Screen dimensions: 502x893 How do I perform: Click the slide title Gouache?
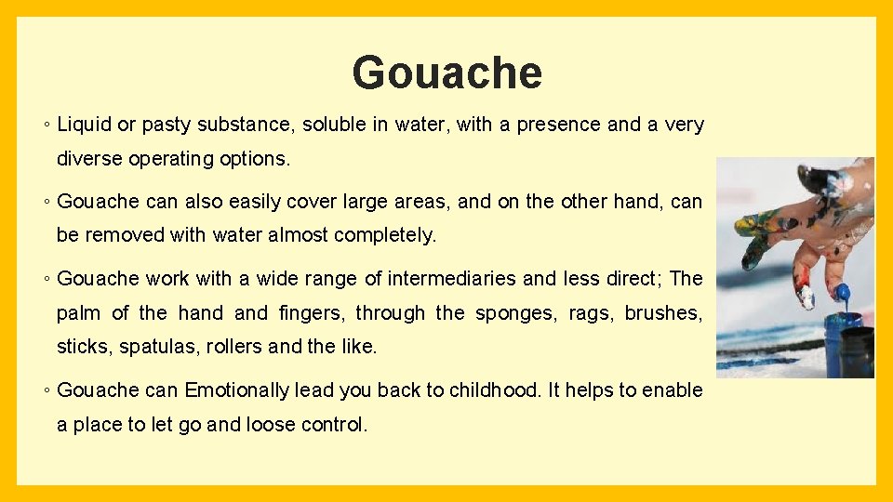point(446,73)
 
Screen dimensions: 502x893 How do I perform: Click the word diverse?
point(89,159)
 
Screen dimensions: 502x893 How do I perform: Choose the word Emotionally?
point(238,390)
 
